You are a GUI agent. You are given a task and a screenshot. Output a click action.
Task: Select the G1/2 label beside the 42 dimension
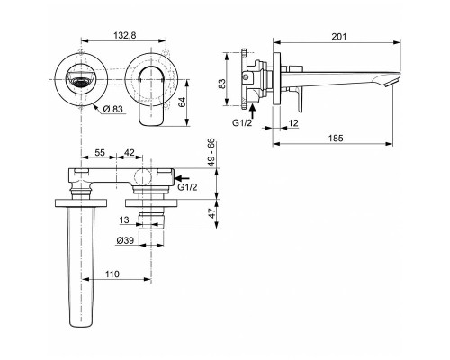click(187, 188)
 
